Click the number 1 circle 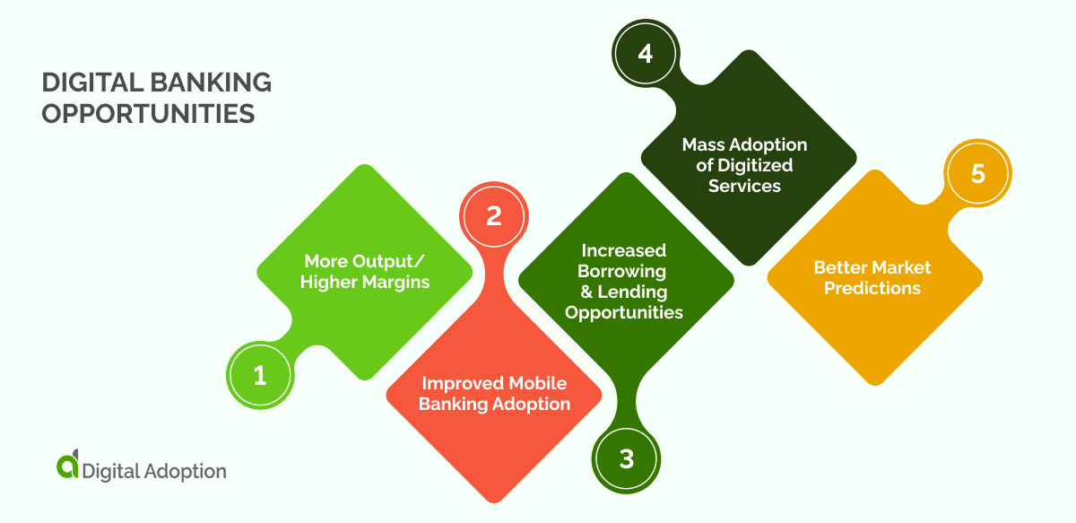point(260,375)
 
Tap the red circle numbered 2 point(493,216)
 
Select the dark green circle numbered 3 point(626,459)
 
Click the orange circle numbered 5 point(977,173)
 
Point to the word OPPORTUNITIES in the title point(148,114)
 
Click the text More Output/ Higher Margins point(365,271)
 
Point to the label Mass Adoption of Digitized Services point(744,165)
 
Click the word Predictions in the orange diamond point(872,288)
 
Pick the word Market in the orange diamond point(897,267)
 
